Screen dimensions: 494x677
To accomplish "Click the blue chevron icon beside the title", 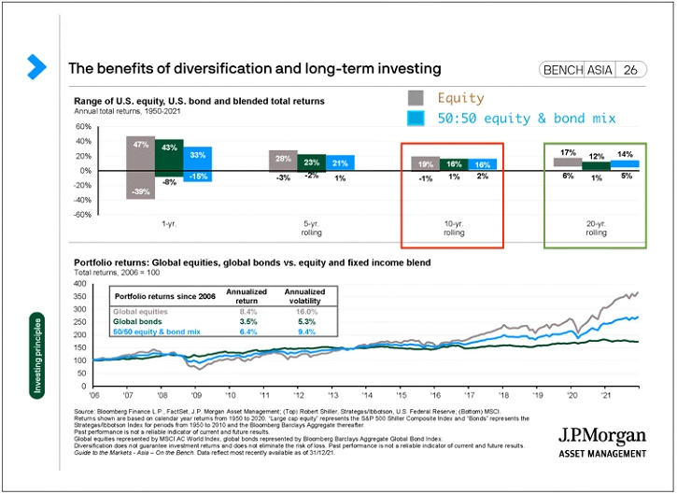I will [x=36, y=66].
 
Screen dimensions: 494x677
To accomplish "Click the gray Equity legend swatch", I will [x=416, y=97].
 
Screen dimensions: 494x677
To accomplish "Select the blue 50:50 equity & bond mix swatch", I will [x=416, y=118].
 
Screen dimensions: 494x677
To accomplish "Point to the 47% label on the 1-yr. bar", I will [x=141, y=146].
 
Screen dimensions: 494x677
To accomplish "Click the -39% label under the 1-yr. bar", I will [x=141, y=191].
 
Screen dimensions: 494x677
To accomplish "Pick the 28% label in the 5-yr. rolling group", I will [x=284, y=159].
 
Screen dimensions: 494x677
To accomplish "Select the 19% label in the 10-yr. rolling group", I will [x=426, y=163].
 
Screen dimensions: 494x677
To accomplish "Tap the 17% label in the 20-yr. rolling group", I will [x=568, y=152].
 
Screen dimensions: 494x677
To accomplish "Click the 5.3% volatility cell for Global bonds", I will [x=305, y=321].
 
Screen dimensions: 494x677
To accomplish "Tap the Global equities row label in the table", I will [x=140, y=312].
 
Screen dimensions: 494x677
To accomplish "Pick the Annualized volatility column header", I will [x=305, y=295].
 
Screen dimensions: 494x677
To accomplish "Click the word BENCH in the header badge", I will [x=562, y=70].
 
